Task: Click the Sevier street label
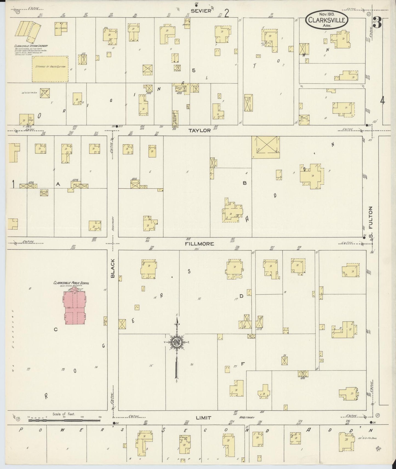pos(201,11)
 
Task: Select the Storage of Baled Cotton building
pos(50,69)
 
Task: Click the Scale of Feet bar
pos(64,420)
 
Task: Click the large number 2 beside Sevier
pos(227,13)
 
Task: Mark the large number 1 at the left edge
pos(13,184)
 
